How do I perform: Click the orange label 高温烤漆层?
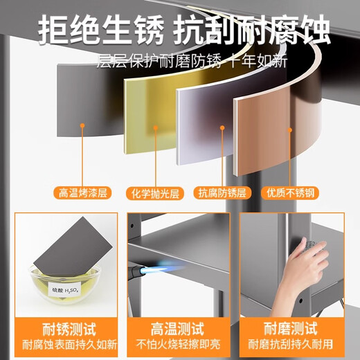(82, 193)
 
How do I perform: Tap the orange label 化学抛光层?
(155, 193)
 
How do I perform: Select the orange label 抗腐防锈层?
(222, 192)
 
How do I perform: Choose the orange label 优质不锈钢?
(290, 192)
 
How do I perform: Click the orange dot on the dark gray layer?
(82, 125)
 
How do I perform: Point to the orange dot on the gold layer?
(156, 127)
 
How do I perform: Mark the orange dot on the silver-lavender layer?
(222, 127)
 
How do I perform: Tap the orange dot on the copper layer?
(290, 130)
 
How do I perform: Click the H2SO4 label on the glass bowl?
(65, 289)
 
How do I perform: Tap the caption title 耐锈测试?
(69, 329)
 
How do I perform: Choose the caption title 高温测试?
(177, 329)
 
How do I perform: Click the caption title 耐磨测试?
(291, 328)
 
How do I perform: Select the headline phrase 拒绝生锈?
(101, 30)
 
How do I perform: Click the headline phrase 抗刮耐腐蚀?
(252, 30)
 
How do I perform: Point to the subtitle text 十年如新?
(258, 61)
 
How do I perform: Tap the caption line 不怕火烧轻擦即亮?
(179, 344)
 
